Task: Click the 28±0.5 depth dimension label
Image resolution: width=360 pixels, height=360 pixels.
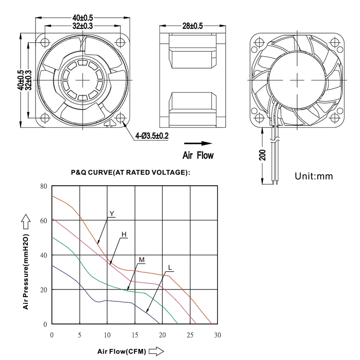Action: (192, 26)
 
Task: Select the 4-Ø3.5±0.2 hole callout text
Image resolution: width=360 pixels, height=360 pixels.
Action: (152, 136)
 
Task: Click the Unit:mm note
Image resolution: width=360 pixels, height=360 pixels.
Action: (313, 176)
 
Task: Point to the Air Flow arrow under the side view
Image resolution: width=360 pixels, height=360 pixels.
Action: (198, 143)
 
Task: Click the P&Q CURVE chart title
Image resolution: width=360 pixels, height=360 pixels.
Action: (131, 172)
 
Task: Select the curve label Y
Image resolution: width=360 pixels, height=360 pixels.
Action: (111, 214)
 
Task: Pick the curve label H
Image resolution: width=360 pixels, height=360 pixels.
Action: (124, 234)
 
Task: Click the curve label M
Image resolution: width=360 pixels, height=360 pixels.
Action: (142, 260)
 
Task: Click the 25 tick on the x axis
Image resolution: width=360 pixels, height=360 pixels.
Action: (190, 334)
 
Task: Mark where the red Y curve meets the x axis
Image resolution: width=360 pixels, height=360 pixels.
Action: (211, 324)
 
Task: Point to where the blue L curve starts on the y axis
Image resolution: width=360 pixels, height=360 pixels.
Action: (52, 265)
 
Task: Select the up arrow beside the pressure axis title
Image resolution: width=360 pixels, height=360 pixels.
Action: (25, 221)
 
